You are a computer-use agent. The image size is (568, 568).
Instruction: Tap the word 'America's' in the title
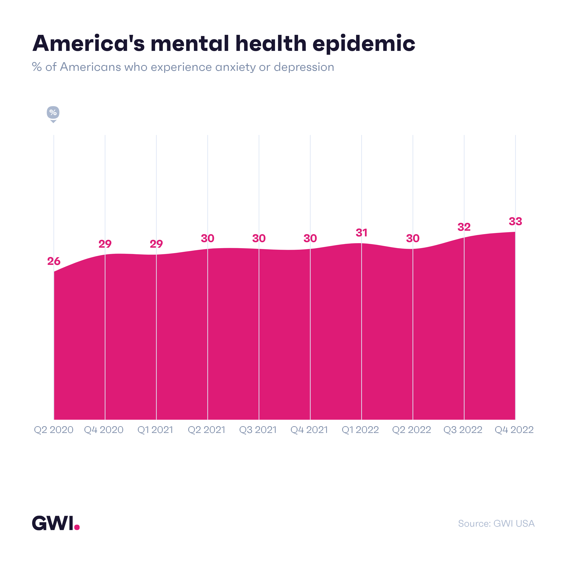(88, 43)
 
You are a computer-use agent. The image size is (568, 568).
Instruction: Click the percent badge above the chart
(53, 113)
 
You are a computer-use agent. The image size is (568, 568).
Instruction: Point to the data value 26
(54, 261)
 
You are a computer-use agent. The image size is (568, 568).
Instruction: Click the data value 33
(515, 221)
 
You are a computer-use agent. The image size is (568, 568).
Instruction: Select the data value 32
(464, 227)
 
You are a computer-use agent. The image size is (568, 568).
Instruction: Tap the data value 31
(361, 233)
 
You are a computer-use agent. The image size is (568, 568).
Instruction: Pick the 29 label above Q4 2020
(105, 244)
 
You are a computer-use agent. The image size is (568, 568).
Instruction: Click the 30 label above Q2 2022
(413, 238)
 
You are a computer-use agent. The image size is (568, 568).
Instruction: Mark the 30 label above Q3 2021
(259, 238)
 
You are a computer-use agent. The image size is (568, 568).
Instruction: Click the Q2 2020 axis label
(54, 430)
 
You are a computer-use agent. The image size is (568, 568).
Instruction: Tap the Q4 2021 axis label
(309, 430)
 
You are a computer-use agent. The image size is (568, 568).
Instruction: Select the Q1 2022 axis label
(360, 430)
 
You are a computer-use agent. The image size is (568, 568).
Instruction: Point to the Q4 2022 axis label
(514, 430)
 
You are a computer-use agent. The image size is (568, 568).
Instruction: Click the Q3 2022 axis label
(463, 430)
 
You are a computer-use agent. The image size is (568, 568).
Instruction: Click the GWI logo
(53, 523)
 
